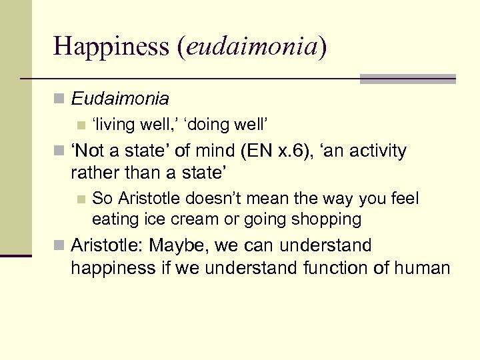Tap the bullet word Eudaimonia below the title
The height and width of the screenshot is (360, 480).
point(120,99)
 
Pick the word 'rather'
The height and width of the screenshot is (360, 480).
point(93,173)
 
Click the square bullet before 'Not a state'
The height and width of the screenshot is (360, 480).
point(59,151)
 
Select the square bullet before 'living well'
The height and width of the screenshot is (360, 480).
point(81,125)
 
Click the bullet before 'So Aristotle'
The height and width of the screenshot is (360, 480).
point(81,199)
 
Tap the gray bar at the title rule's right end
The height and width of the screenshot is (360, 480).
point(407,79)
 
